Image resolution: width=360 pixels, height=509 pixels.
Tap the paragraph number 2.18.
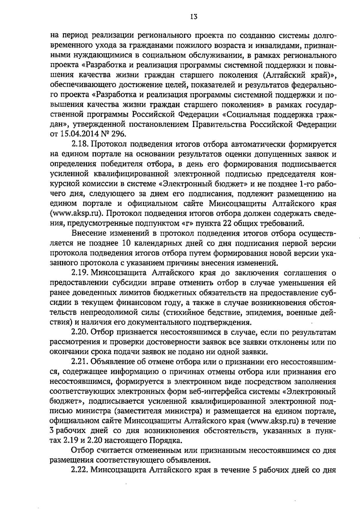click(79, 145)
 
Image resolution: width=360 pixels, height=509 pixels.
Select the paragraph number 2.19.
click(79, 273)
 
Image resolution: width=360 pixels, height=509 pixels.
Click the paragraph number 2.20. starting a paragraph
click(80, 332)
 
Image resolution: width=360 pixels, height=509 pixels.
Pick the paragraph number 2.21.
click(79, 362)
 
